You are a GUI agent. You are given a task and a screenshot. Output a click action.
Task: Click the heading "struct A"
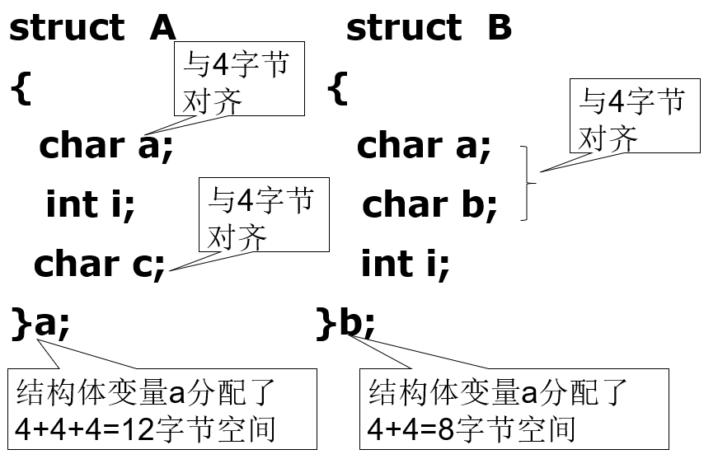[x=92, y=28]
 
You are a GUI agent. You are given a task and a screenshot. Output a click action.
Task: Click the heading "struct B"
[x=429, y=28]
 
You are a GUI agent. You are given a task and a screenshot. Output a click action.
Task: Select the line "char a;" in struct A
[x=106, y=146]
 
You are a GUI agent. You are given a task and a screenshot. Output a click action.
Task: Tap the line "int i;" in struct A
[x=90, y=204]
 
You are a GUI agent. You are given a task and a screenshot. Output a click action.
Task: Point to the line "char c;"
[x=100, y=264]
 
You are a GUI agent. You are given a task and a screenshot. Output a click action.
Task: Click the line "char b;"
[x=429, y=204]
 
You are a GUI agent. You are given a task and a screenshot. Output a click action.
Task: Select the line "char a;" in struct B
[x=424, y=146]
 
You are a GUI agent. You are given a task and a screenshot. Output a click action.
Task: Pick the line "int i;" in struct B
[x=405, y=264]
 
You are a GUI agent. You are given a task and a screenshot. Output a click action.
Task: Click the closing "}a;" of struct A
[x=40, y=324]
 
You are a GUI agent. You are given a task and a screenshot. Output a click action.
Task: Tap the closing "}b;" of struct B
[x=345, y=324]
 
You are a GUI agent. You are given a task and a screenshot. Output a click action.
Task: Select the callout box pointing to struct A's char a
[x=239, y=79]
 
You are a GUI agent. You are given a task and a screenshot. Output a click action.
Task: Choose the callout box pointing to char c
[x=263, y=214]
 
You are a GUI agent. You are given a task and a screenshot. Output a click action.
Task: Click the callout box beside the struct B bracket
[x=635, y=115]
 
